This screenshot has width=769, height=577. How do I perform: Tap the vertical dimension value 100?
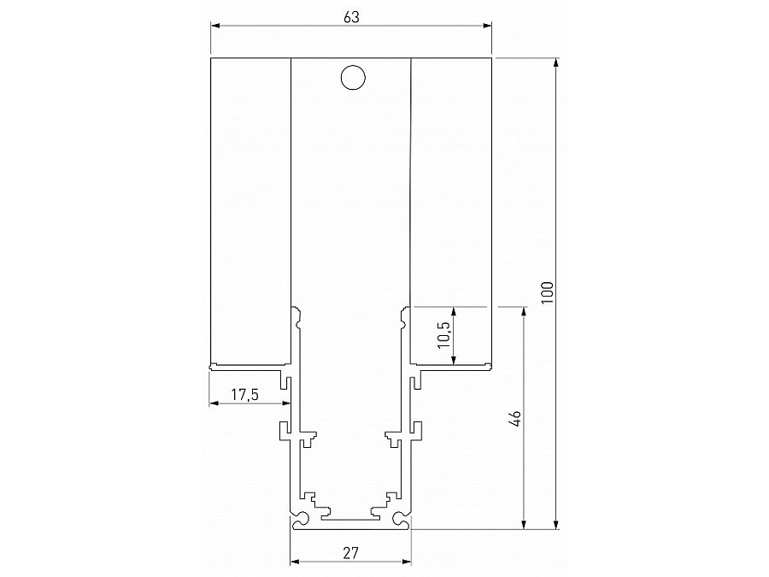pyautogui.click(x=547, y=291)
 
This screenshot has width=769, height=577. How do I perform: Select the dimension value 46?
pyautogui.click(x=514, y=418)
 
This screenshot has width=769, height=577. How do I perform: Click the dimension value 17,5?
pyautogui.click(x=246, y=395)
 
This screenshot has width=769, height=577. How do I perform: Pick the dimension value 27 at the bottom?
pyautogui.click(x=350, y=553)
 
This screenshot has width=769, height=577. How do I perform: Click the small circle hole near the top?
pyautogui.click(x=352, y=77)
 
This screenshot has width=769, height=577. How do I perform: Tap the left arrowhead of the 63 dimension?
pyautogui.click(x=214, y=26)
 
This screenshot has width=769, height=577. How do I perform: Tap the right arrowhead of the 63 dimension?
pyautogui.click(x=488, y=26)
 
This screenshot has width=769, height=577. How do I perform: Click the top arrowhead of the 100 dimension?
pyautogui.click(x=557, y=62)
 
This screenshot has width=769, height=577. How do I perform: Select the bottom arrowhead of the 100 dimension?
pyautogui.click(x=557, y=524)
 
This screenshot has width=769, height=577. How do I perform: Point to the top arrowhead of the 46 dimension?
pyautogui.click(x=522, y=309)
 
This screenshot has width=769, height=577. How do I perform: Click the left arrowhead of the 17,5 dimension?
pyautogui.click(x=214, y=405)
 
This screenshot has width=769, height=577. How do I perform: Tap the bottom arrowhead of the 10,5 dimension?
pyautogui.click(x=452, y=362)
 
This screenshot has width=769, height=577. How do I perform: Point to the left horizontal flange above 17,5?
pyautogui.click(x=248, y=368)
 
